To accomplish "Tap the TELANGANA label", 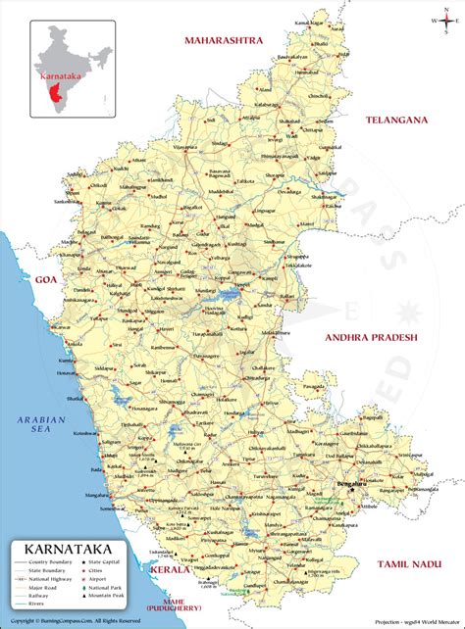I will [x=398, y=120].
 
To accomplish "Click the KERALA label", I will [x=170, y=567].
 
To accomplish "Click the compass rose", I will [x=438, y=20].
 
